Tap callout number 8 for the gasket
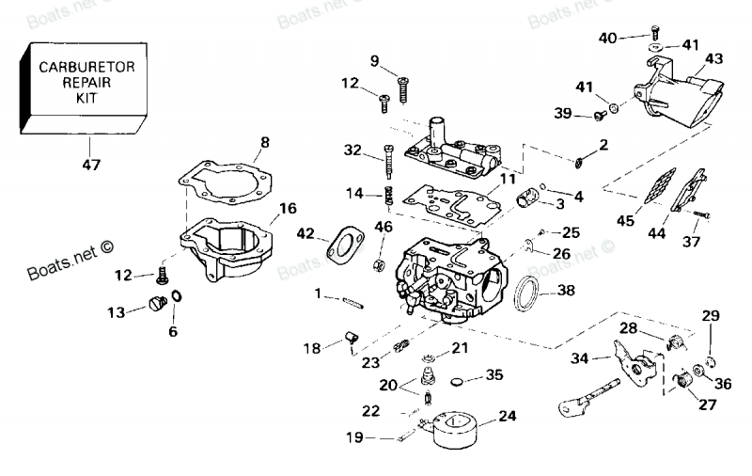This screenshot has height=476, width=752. point(264,143)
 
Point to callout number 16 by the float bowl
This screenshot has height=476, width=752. point(288,208)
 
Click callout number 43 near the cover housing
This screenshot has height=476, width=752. point(713,58)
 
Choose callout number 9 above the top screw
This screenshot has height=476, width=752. point(374,62)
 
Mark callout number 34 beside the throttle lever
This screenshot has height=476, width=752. point(581,357)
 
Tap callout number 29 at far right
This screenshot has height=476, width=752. point(710,314)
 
